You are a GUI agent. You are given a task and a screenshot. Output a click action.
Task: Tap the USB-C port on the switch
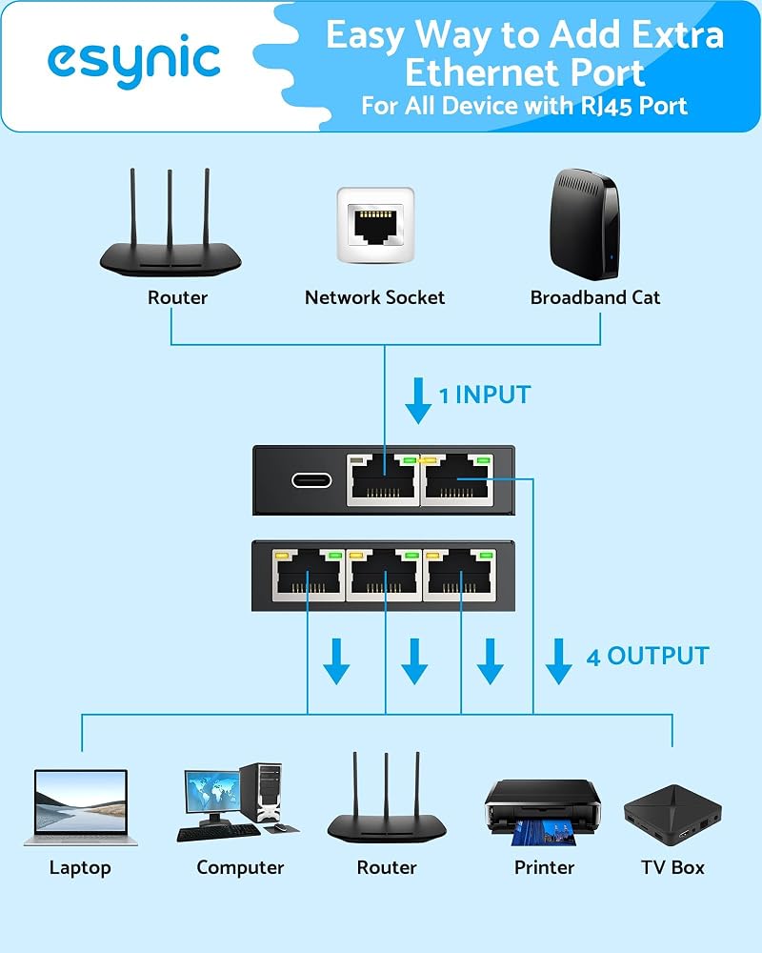click(311, 480)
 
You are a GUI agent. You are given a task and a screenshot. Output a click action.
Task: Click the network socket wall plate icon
click(375, 225)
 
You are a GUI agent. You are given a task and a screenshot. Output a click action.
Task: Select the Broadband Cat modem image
click(585, 224)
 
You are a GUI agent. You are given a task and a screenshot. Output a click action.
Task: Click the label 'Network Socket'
click(375, 297)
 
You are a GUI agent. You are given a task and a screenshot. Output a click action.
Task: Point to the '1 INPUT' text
click(485, 395)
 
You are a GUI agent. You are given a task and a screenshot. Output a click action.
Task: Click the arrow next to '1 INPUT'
click(418, 400)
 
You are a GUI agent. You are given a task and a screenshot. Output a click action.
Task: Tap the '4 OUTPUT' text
click(648, 656)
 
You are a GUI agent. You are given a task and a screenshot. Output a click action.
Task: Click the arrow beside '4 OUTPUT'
click(558, 661)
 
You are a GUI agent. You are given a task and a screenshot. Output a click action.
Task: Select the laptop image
click(81, 807)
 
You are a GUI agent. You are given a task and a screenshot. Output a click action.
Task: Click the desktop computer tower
click(261, 793)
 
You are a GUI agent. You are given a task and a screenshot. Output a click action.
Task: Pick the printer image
click(543, 812)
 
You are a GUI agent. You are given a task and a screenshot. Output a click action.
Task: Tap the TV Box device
click(672, 815)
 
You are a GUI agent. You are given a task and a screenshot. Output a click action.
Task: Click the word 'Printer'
click(544, 867)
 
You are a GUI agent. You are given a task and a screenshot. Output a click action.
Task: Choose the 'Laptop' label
click(80, 868)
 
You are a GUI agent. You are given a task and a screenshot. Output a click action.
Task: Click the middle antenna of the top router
click(170, 208)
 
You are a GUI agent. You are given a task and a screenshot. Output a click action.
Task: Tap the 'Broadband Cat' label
click(595, 297)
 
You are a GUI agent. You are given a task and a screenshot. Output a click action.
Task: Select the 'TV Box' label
click(672, 867)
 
